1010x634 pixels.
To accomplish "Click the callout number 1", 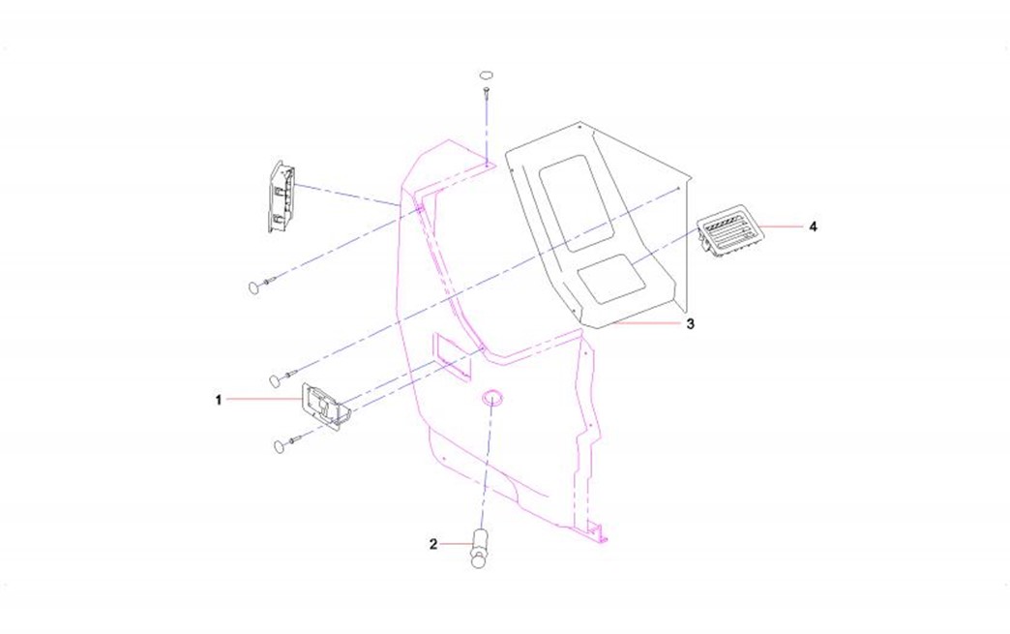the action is [219, 400].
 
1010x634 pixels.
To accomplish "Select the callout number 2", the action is [433, 544].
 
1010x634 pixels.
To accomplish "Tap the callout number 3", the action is [691, 323].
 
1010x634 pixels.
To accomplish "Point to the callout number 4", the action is [813, 226].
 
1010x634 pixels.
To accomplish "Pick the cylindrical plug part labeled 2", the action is [480, 548].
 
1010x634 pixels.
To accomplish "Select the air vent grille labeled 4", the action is [729, 230].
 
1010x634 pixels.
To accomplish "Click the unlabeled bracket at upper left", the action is [282, 196].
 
